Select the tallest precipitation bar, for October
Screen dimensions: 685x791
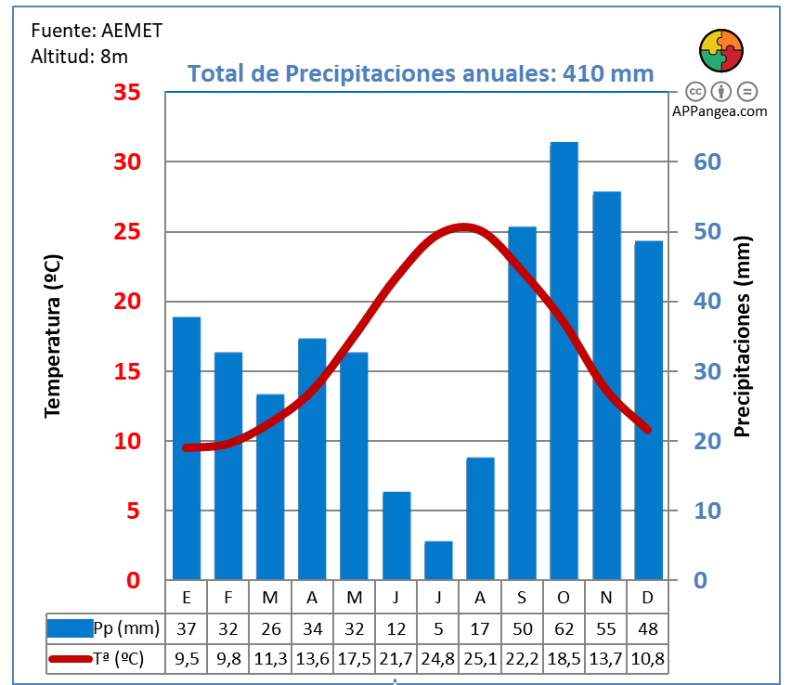(564, 362)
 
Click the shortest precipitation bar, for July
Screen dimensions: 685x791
(438, 561)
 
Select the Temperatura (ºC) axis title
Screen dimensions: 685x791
(53, 335)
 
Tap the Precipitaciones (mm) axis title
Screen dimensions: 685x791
(742, 335)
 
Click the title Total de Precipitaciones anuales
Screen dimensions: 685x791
(421, 73)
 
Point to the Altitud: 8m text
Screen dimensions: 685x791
(79, 56)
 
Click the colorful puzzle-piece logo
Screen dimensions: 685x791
(720, 51)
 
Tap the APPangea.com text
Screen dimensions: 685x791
(720, 110)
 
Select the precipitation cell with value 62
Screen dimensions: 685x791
(564, 628)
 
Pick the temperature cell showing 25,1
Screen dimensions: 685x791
(480, 658)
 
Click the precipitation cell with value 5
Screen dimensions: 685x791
(438, 628)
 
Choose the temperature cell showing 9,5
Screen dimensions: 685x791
(187, 658)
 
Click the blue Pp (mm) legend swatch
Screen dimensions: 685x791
(71, 628)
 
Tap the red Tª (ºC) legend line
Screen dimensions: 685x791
(71, 659)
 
